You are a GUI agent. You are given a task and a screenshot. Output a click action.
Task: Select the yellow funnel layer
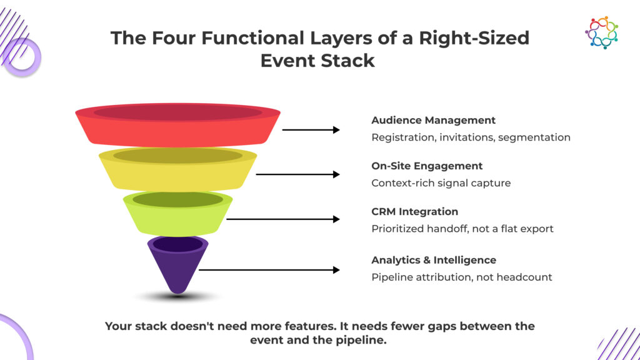pyautogui.click(x=177, y=172)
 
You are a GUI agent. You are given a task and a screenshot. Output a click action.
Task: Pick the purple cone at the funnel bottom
pyautogui.click(x=177, y=266)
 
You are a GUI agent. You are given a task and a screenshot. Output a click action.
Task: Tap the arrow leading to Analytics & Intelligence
pyautogui.click(x=269, y=270)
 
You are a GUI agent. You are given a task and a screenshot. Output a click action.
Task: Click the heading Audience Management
pyautogui.click(x=433, y=120)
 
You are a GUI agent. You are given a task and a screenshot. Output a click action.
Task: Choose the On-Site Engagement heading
pyautogui.click(x=427, y=166)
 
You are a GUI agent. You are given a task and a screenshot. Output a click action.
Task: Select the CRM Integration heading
pyautogui.click(x=414, y=211)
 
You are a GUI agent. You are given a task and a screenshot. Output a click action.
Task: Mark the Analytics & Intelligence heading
pyautogui.click(x=434, y=259)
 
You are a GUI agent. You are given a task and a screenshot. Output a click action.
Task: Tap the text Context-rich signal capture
pyautogui.click(x=441, y=182)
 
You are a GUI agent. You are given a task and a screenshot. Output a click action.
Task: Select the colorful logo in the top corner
pyautogui.click(x=601, y=32)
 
